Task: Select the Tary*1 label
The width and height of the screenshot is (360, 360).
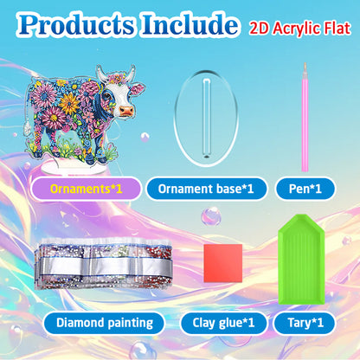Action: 305,323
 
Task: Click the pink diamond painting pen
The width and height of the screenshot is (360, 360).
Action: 305,121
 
